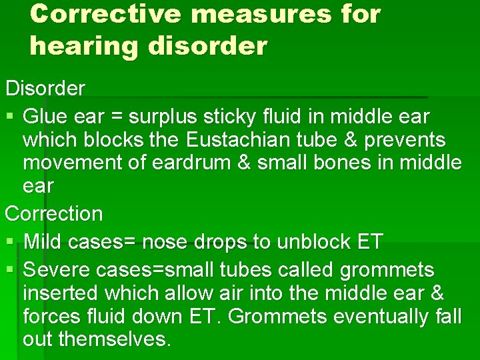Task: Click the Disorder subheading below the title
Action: [x=45, y=88]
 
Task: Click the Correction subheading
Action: [x=54, y=214]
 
